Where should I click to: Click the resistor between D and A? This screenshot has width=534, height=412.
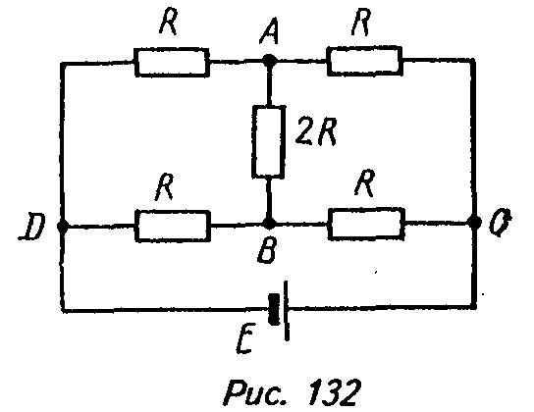[172, 62]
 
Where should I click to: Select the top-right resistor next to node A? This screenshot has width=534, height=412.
[365, 61]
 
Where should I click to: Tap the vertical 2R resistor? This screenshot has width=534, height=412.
[268, 141]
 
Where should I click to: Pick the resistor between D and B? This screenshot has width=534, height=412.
[173, 226]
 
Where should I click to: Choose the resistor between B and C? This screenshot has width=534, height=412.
[366, 224]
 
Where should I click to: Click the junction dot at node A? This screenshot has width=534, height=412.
[270, 61]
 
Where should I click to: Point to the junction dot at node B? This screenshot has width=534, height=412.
[269, 224]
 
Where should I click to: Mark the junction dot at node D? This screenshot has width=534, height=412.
[62, 226]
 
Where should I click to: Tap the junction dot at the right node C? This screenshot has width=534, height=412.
[474, 222]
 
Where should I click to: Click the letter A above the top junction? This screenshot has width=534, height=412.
[269, 31]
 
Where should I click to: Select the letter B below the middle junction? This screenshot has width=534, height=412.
[267, 250]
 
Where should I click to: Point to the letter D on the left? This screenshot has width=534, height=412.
[32, 228]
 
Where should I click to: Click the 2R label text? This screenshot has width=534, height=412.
[316, 131]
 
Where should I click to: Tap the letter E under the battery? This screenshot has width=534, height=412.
[245, 339]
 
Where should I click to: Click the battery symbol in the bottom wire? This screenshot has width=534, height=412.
[279, 310]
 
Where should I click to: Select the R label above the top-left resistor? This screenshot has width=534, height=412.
[169, 22]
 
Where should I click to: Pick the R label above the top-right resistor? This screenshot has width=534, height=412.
[361, 23]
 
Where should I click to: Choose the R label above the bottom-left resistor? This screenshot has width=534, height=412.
[165, 186]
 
